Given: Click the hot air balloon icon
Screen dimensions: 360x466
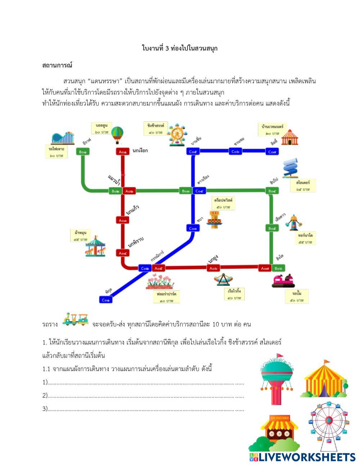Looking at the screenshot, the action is click(x=117, y=135).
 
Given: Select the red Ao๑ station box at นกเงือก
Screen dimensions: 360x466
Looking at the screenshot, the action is click(x=122, y=152).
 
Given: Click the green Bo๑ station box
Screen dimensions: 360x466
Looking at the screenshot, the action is click(x=83, y=152).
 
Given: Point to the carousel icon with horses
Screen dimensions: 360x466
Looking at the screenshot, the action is click(x=96, y=246).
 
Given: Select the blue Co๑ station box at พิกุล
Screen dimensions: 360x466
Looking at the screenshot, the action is click(x=106, y=300).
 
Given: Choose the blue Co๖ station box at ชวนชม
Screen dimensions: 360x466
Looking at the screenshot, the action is click(x=235, y=152).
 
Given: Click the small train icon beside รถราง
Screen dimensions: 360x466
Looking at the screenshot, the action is click(x=75, y=319).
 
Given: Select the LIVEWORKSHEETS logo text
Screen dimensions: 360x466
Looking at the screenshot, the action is click(x=302, y=457).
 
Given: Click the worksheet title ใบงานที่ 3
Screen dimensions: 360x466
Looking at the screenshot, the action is click(x=180, y=48).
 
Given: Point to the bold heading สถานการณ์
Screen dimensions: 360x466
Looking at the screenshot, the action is click(x=57, y=65).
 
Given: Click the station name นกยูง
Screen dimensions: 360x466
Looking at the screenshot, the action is click(x=213, y=259).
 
